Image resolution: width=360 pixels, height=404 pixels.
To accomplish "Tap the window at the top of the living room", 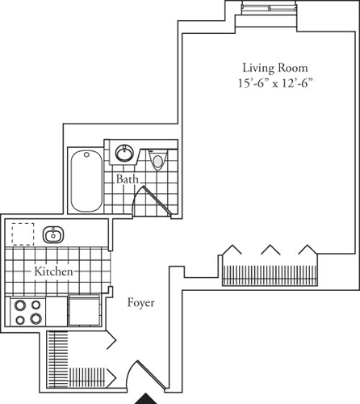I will point(267,8).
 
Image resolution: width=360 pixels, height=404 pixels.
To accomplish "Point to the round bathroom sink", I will point(124,153).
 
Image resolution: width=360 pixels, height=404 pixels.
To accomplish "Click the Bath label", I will point(126,179).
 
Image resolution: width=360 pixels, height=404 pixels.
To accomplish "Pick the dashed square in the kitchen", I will point(23,234).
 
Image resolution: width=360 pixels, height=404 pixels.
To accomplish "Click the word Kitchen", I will point(54,272).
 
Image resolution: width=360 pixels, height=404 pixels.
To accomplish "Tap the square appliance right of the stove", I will point(83,312).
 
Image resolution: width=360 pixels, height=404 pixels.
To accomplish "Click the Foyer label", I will point(140,304).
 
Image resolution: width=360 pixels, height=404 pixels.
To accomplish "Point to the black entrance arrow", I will point(146,398).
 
